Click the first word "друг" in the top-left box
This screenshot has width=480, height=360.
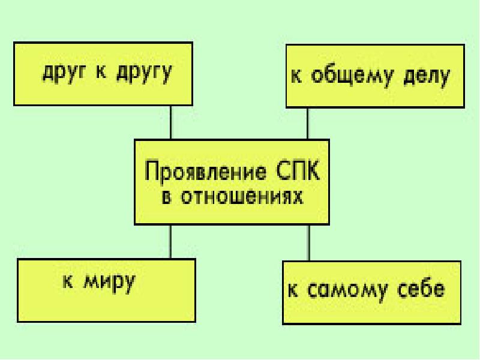64,73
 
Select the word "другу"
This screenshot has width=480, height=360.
144,73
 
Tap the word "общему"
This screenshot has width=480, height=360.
352,76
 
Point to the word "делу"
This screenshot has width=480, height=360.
427,77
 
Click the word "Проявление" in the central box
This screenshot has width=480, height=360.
205,172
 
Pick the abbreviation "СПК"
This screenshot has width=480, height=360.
298,170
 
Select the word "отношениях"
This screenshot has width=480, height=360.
242,197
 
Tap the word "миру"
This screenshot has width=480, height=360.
109,283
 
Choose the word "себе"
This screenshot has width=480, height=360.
421,289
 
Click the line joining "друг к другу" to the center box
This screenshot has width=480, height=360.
171,122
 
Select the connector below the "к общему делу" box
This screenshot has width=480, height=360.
308,124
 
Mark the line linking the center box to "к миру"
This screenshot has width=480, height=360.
170,242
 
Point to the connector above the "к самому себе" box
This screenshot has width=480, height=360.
309,243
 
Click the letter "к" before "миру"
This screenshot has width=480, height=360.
68,281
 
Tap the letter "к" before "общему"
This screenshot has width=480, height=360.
296,76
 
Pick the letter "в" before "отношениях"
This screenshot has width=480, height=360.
166,198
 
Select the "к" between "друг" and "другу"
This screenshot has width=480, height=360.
101,72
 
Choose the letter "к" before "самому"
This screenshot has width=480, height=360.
293,289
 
